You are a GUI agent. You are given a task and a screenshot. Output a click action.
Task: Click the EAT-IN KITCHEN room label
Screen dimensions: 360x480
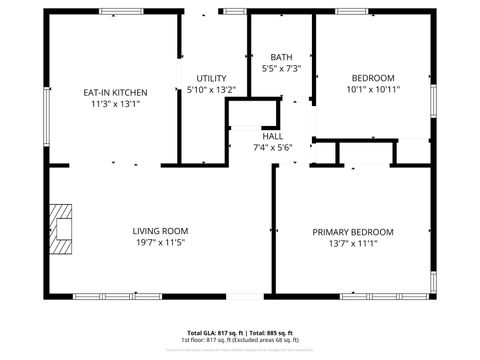[x=115, y=92]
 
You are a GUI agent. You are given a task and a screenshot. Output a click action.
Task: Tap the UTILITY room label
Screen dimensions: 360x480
[x=211, y=78]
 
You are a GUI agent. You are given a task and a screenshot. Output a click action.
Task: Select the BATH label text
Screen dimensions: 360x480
[x=281, y=57]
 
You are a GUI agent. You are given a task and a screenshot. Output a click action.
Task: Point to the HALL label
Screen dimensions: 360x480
[x=272, y=136]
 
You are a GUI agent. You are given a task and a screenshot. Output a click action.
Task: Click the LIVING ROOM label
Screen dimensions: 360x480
[x=160, y=231]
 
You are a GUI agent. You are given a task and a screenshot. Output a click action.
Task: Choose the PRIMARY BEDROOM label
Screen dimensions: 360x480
[x=352, y=232]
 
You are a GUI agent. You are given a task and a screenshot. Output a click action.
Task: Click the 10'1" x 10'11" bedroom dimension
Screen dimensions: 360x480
[x=372, y=89]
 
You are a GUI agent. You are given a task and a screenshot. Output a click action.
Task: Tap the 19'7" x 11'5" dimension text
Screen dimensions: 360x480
[x=160, y=242]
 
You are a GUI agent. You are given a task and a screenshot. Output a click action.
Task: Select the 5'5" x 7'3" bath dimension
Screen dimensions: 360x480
[x=281, y=68]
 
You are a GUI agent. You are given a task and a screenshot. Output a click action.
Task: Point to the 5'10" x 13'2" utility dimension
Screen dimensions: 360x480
[x=211, y=89]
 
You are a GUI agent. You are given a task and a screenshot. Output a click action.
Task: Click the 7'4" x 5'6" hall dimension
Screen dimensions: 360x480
[x=272, y=147]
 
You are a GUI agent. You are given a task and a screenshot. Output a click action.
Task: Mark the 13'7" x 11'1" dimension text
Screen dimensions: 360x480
[x=352, y=243]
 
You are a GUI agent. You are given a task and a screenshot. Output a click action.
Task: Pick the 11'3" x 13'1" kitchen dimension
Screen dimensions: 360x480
[x=115, y=103]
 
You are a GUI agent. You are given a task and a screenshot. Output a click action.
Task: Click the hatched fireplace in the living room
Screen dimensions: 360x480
[x=63, y=227]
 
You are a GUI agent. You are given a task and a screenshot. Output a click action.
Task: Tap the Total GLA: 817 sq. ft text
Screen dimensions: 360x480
[x=215, y=333]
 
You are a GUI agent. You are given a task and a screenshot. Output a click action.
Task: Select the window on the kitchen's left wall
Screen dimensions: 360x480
[x=46, y=109]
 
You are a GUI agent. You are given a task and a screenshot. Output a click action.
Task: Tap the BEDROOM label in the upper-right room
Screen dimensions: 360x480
[x=372, y=78]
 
